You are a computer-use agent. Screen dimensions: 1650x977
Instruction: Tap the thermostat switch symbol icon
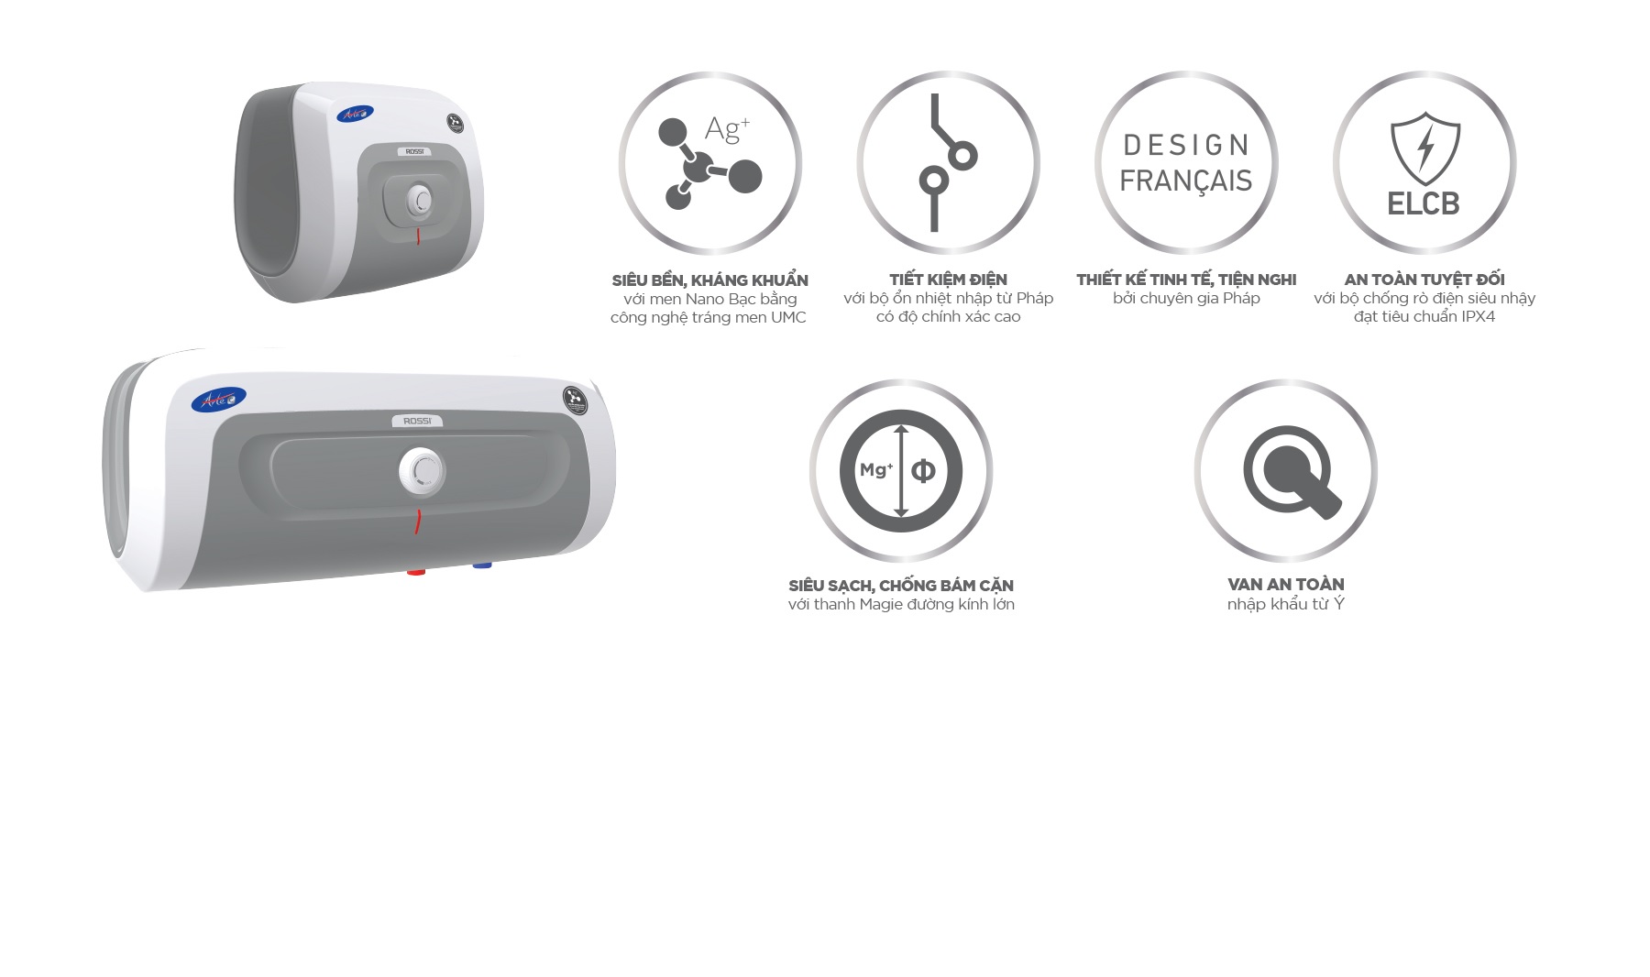(946, 162)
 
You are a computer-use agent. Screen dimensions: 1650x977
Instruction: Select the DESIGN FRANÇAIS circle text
(1186, 163)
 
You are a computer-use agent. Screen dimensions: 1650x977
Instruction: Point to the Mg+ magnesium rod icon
(901, 471)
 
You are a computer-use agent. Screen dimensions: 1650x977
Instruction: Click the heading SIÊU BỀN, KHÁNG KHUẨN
(709, 280)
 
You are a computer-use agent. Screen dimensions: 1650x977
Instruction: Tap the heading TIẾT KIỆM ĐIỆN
(948, 280)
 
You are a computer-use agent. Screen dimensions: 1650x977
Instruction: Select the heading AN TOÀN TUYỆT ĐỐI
(1424, 280)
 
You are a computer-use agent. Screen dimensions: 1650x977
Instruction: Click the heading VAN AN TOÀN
(1285, 584)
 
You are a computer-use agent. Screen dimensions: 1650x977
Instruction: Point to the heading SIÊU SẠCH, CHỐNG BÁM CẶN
(901, 585)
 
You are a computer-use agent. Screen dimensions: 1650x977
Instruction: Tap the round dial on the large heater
(422, 470)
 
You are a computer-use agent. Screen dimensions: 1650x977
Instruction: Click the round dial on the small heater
(421, 200)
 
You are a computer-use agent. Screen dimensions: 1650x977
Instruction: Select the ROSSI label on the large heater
(417, 422)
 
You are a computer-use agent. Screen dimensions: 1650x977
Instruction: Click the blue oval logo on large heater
(218, 400)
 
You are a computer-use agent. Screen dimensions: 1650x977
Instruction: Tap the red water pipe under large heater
(416, 572)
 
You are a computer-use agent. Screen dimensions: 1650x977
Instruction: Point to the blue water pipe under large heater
(482, 565)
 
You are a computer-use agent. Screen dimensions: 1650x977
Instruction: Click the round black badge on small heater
(456, 123)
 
